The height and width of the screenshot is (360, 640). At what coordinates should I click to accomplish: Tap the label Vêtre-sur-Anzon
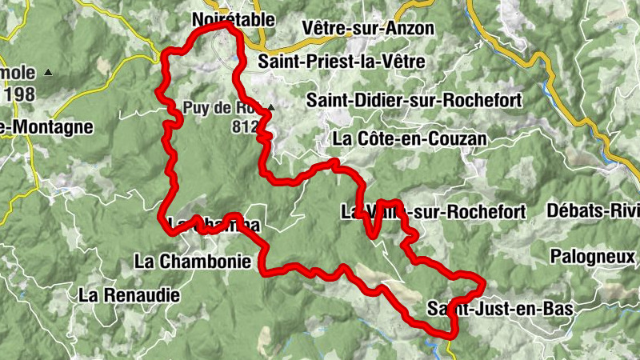pyautogui.click(x=368, y=29)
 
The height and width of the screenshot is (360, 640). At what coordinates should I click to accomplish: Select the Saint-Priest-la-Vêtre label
pyautogui.click(x=342, y=62)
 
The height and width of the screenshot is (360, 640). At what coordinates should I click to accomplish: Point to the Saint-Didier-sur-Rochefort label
pyautogui.click(x=414, y=100)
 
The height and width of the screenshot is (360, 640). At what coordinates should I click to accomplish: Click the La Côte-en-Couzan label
pyautogui.click(x=409, y=138)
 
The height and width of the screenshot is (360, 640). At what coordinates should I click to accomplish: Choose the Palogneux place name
pyautogui.click(x=593, y=256)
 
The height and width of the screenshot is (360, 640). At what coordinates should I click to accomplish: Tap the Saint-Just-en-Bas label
pyautogui.click(x=502, y=308)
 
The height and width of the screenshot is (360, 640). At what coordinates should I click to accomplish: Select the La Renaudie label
pyautogui.click(x=129, y=294)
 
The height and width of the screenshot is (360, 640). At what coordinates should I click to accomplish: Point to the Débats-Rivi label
pyautogui.click(x=593, y=211)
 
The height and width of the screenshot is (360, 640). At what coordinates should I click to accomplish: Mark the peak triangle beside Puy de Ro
pyautogui.click(x=271, y=107)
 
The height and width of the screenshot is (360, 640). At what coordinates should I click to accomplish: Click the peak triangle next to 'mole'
pyautogui.click(x=49, y=73)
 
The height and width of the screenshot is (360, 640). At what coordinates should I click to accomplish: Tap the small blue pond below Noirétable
pyautogui.click(x=234, y=58)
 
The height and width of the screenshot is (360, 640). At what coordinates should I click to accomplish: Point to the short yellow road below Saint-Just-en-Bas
pyautogui.click(x=450, y=346)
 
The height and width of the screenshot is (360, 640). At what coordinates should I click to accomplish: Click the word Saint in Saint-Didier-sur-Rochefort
pyautogui.click(x=329, y=100)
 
